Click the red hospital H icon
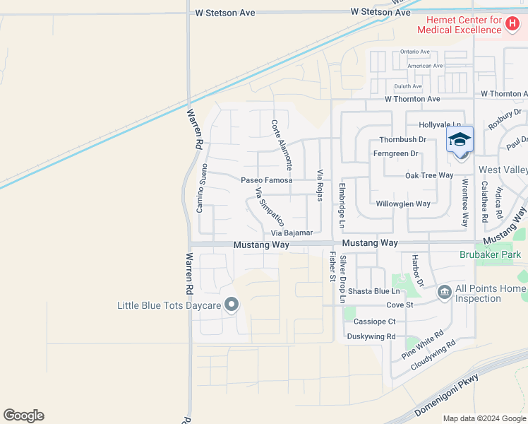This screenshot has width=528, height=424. pyautogui.click(x=513, y=22)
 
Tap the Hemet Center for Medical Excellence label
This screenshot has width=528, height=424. pyautogui.click(x=459, y=25)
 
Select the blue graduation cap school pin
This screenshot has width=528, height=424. pyautogui.click(x=460, y=140)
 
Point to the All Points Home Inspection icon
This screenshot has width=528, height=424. pyautogui.click(x=444, y=291)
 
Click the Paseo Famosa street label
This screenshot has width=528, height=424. pyautogui.click(x=267, y=180)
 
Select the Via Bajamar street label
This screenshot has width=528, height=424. pyautogui.click(x=292, y=232)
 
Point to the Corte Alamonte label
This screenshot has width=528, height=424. pyautogui.click(x=281, y=144)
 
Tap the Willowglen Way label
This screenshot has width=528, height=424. pyautogui.click(x=403, y=204)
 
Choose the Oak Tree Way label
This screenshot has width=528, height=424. pyautogui.click(x=429, y=175)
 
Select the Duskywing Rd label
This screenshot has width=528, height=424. pyautogui.click(x=371, y=336)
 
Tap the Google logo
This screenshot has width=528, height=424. pyautogui.click(x=23, y=415)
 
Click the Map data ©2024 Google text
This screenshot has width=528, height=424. pyautogui.click(x=484, y=418)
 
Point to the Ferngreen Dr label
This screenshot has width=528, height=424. pyautogui.click(x=395, y=153)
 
